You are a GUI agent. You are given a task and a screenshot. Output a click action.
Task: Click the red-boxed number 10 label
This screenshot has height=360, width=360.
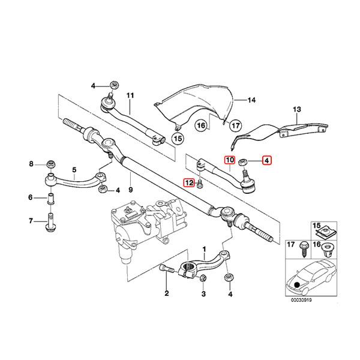coord(230,160)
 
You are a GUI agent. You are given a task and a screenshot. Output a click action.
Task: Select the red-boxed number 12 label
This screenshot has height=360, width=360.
coord(189,183)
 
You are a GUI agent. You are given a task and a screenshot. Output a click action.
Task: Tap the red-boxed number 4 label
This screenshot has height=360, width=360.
coord(266,160)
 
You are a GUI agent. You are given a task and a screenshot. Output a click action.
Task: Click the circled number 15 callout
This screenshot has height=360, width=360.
coord(178,139)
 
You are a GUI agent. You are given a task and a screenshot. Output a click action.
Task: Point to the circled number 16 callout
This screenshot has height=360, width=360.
coord(200,125)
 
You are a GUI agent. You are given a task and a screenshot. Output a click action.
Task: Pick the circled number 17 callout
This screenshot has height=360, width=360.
coord(235,125)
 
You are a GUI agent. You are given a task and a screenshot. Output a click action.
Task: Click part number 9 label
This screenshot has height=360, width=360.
coord(131,190)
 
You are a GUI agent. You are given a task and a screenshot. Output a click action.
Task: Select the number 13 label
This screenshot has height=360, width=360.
coord(297,109)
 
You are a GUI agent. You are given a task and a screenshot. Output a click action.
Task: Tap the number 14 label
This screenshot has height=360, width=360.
coord(251,100)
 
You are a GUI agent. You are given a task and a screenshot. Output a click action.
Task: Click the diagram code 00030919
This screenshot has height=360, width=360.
coord(301,300)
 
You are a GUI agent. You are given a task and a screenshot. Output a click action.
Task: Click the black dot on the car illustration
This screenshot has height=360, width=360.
coord(297,285)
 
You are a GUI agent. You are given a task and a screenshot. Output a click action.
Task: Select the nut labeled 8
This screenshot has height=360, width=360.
coord(51,164)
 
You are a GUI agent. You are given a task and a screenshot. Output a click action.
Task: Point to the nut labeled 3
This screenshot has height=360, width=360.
coord(203,278)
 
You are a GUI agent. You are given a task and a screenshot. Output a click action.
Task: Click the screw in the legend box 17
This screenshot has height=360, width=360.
coord(303,250)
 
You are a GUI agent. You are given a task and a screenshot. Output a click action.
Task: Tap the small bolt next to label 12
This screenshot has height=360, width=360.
coord(199,184)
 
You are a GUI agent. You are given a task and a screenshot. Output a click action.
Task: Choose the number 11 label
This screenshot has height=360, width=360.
coord(130,95)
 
